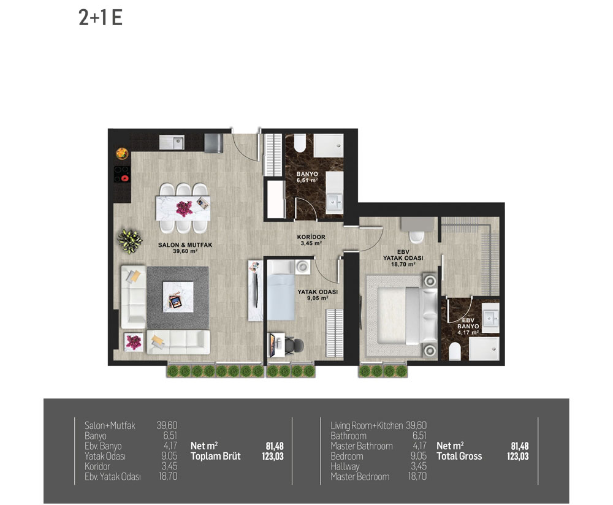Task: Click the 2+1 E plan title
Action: [101, 18]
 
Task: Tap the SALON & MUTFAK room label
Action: [185, 245]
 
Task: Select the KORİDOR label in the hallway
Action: [311, 237]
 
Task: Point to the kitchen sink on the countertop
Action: [172, 142]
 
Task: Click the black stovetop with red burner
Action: [121, 174]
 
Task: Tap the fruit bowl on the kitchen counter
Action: [122, 153]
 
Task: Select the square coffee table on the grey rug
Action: [178, 297]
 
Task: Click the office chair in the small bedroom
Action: [294, 346]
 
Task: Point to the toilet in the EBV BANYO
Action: [455, 351]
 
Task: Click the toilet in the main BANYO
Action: [300, 143]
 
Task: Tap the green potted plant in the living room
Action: [130, 241]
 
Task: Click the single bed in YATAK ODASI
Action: [281, 290]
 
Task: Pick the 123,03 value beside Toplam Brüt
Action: [273, 456]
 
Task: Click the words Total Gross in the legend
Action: [459, 456]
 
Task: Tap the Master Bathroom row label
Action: [362, 446]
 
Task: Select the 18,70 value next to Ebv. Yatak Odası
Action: [168, 476]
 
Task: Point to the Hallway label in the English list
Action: [345, 466]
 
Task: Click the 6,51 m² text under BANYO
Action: [307, 180]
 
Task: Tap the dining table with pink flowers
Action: [183, 208]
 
